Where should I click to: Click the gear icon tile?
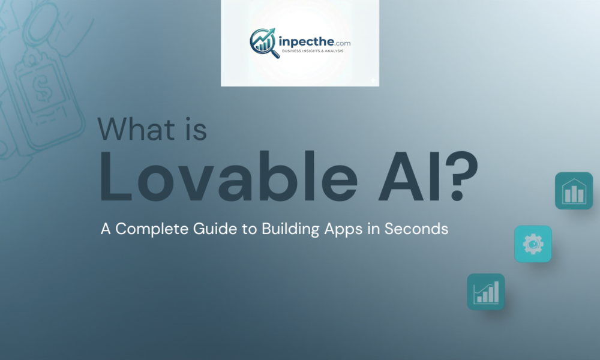(x=533, y=244)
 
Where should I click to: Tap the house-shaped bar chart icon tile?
(x=574, y=191)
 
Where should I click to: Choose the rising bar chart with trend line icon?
(x=486, y=292)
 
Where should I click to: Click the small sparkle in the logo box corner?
(x=373, y=79)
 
